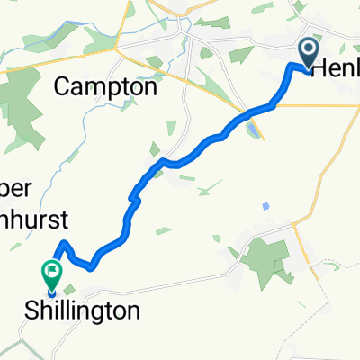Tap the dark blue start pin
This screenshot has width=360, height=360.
pyautogui.click(x=308, y=53)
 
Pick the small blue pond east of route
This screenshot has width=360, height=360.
pyautogui.click(x=265, y=205)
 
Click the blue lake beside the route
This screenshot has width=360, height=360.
pyautogui.click(x=253, y=129)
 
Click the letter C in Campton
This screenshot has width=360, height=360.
pyautogui.click(x=62, y=87)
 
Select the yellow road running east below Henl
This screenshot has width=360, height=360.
pyautogui.click(x=324, y=105)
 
